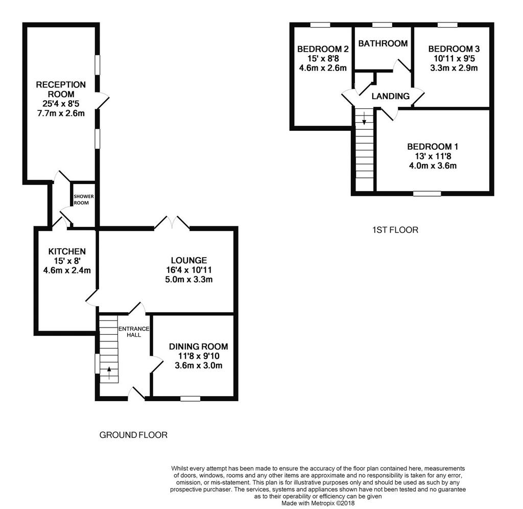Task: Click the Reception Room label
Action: pyautogui.click(x=61, y=89)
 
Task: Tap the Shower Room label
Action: pyautogui.click(x=83, y=200)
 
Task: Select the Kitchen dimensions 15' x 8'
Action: pyautogui.click(x=67, y=261)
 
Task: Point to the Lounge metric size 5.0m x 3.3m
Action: pyautogui.click(x=189, y=280)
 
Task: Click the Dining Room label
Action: pyautogui.click(x=199, y=346)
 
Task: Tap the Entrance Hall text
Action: pyautogui.click(x=134, y=332)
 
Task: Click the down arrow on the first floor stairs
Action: pyautogui.click(x=364, y=118)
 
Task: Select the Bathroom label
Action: pyautogui.click(x=383, y=43)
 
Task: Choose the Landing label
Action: pyautogui.click(x=391, y=96)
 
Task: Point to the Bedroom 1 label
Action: pyautogui.click(x=433, y=147)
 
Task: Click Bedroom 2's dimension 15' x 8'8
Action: pyautogui.click(x=323, y=58)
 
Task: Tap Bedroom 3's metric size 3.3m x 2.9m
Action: pyautogui.click(x=454, y=68)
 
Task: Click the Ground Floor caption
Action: pyautogui.click(x=133, y=435)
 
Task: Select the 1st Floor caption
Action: pyautogui.click(x=395, y=230)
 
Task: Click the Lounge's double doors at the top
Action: pyautogui.click(x=172, y=222)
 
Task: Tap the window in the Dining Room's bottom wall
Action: pyautogui.click(x=190, y=399)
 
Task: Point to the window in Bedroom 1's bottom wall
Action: pyautogui.click(x=427, y=194)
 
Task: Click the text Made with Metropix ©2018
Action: pyautogui.click(x=318, y=503)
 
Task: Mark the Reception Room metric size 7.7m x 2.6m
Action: pyautogui.click(x=61, y=113)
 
